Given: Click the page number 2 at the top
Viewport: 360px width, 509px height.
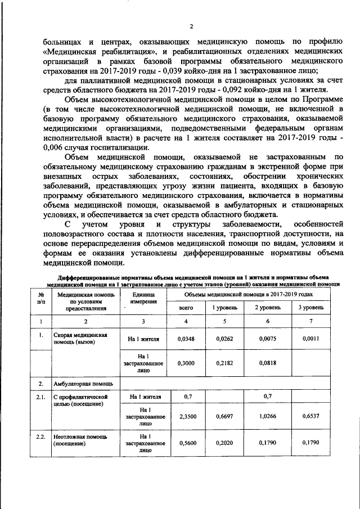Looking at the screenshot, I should (191, 26).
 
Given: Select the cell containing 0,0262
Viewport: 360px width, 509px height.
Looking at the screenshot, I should (225, 339).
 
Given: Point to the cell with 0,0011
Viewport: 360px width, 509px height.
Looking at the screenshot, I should (310, 339).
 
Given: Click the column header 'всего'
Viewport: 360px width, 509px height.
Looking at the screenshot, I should (186, 308).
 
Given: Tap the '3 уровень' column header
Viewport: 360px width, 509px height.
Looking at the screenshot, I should (310, 308).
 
